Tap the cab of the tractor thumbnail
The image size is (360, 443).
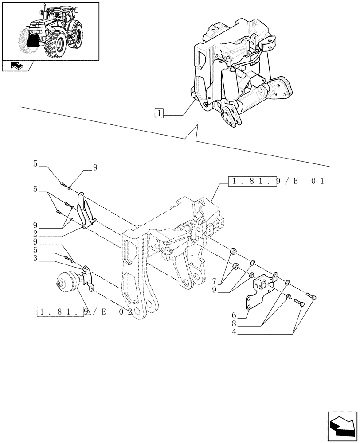pos(63,18)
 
